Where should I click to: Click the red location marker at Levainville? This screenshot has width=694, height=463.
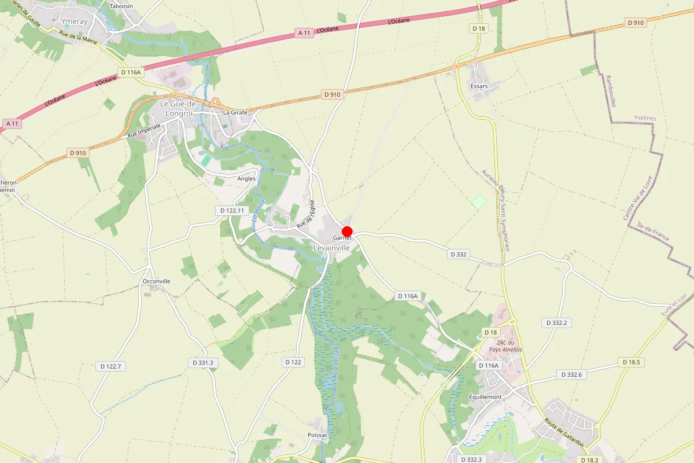(347, 231)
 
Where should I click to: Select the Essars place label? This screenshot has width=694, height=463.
(479, 86)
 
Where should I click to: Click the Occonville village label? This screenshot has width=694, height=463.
(156, 281)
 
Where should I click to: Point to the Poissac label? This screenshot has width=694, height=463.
(318, 435)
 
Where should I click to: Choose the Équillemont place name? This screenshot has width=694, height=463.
(486, 397)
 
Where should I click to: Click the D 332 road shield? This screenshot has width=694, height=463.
(459, 254)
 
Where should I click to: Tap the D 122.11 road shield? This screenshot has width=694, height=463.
(232, 211)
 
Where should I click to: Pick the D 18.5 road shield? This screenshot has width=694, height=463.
(631, 362)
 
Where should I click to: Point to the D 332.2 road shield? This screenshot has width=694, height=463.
(556, 323)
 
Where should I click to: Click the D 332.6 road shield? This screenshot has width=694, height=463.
(571, 375)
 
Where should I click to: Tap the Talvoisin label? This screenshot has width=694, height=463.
(121, 6)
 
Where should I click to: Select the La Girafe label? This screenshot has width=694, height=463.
(235, 112)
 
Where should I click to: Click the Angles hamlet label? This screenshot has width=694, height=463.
(246, 179)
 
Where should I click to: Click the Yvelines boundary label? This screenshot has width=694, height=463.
(645, 118)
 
